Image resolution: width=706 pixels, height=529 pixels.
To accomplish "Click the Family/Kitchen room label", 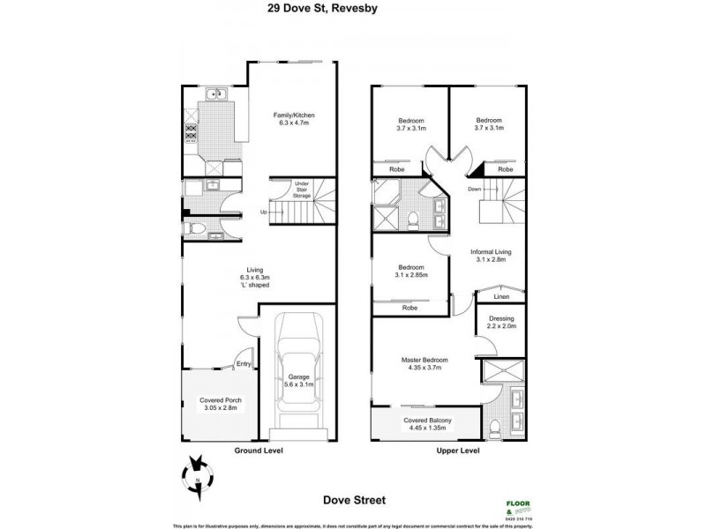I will [x=294, y=120].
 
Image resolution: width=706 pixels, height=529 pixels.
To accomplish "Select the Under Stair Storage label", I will [x=301, y=189].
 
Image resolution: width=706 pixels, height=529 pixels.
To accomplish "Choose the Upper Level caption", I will [x=458, y=451].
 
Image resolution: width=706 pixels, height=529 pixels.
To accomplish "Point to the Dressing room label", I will [x=500, y=324].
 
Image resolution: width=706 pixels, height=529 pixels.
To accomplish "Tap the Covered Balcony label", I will [x=428, y=426].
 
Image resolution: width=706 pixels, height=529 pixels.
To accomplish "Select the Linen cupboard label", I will [x=499, y=297].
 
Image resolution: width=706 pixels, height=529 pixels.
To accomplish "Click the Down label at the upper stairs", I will [x=474, y=189].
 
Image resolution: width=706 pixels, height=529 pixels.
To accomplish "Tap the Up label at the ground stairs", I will [x=263, y=212].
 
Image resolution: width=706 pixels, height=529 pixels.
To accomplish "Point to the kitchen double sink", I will [x=216, y=94].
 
